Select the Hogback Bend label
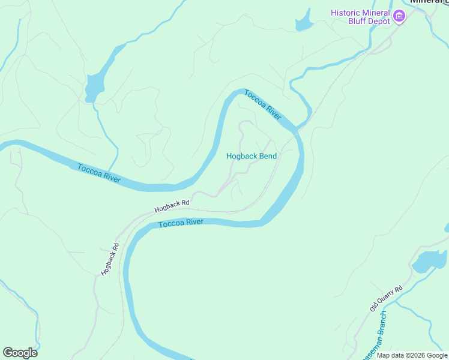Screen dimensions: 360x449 (x=251, y=156)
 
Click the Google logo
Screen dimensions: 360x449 (x=20, y=352)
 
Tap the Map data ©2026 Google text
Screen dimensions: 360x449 (x=412, y=355)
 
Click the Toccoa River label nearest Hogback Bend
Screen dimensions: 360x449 (x=263, y=105)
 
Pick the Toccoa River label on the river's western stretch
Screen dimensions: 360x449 (x=99, y=173)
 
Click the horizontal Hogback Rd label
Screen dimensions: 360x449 (x=172, y=206)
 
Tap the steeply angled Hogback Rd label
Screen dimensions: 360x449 (x=110, y=259)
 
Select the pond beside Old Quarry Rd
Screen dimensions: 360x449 (x=430, y=261)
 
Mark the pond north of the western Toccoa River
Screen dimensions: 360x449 (x=95, y=87)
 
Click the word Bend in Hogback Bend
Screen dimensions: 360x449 (x=267, y=156)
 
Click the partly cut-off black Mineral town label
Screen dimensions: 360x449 (x=429, y=2)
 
